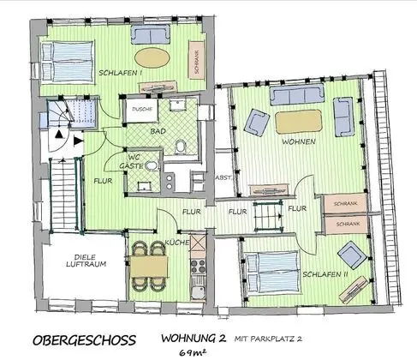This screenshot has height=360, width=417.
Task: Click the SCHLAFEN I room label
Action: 121,73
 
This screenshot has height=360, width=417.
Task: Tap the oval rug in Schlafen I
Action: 152,57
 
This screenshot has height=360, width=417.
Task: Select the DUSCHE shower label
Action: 143,109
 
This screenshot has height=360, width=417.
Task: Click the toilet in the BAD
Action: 180,146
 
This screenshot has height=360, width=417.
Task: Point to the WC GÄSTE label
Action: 131,161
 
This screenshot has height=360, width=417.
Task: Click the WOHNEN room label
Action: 299,141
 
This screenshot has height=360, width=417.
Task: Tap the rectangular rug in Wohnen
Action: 298,122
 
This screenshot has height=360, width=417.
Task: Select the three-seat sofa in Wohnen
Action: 297,94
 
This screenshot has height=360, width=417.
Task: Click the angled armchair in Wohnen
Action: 257,123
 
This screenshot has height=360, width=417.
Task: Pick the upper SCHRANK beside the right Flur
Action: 345,203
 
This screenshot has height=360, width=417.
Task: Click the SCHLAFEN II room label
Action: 325,274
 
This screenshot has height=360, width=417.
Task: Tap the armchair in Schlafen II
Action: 352,255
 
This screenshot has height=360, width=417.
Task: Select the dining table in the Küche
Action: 149,267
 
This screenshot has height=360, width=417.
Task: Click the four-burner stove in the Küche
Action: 198,267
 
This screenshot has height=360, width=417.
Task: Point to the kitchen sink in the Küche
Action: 198,292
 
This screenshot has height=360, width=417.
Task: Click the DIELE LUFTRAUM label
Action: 86,261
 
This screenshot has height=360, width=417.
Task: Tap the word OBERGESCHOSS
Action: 84,340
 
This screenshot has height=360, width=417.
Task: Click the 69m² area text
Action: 193,353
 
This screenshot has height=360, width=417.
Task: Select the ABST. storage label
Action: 223,177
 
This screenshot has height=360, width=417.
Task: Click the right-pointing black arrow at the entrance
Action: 79,141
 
